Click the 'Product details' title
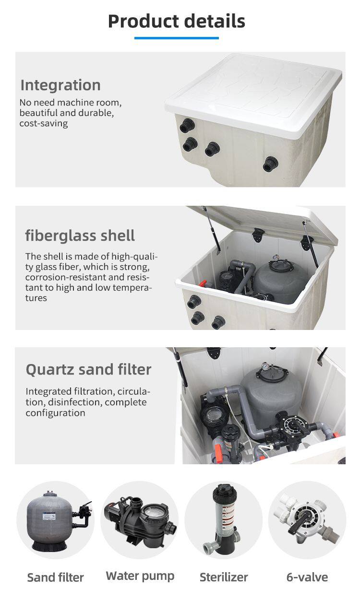point(176,21)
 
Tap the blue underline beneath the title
point(176,38)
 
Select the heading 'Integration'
point(60,85)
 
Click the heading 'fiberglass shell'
point(80,235)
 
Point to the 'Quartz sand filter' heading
point(88,369)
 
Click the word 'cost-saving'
point(43,123)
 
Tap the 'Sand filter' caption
point(56,577)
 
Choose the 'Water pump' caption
point(140,576)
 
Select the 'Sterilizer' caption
point(224,577)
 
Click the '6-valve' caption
point(307,577)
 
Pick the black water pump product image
point(140,521)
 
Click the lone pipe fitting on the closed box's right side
point(270,164)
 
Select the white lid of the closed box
point(253,94)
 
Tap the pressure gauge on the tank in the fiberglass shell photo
point(275,258)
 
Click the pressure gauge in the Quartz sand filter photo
point(265,366)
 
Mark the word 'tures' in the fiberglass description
point(36,298)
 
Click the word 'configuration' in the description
point(56,413)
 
